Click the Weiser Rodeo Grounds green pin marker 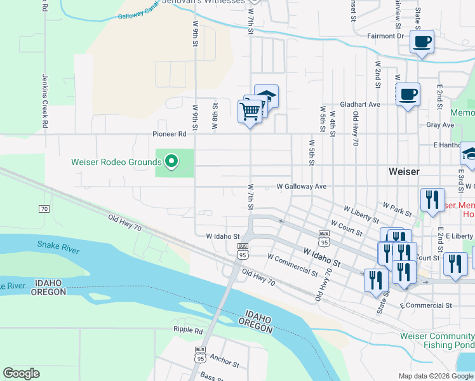coord(171,162)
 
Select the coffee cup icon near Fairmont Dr coord(422,43)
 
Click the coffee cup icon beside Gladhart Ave coord(408,95)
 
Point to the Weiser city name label coord(404,171)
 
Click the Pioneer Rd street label coord(169,135)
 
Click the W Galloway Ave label coord(301,187)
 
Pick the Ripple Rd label coord(187,330)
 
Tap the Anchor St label coord(224,361)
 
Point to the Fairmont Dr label coord(385,36)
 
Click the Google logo coord(21,373)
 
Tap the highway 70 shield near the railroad coord(44,208)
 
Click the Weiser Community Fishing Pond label coord(437,340)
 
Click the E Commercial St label coord(425,305)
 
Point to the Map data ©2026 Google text coord(435,376)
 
